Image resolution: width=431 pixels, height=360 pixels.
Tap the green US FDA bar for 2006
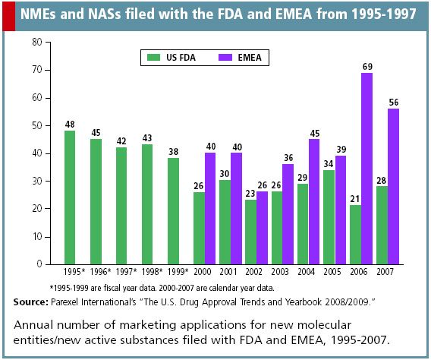pos(355,235)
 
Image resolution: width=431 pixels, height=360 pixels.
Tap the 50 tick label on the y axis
pos(36,125)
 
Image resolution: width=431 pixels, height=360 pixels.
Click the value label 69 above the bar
pos(367,67)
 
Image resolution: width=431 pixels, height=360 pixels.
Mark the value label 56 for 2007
pos(393,103)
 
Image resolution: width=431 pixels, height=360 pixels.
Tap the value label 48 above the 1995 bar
pos(70,125)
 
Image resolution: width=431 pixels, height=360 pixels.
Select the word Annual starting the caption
pos(34,324)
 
